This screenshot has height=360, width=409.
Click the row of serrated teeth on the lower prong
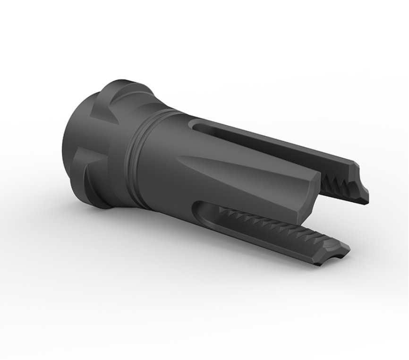(269, 224)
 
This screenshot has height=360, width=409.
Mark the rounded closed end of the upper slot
(194, 124)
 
